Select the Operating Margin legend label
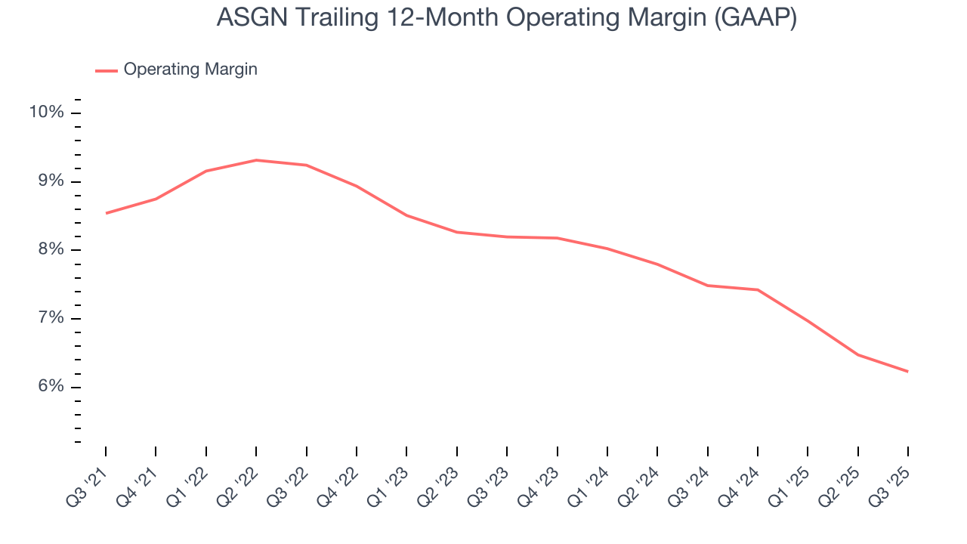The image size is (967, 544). click(190, 70)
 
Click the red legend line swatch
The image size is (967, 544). click(107, 70)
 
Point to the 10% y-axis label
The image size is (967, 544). click(46, 113)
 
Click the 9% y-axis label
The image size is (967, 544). click(50, 181)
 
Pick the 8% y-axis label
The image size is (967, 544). click(50, 250)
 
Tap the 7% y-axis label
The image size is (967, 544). click(50, 318)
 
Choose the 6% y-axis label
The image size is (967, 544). click(50, 387)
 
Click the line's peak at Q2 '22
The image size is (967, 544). click(256, 160)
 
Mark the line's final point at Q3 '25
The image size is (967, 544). click(907, 371)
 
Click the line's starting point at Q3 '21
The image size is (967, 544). click(106, 213)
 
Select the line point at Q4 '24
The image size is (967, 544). click(757, 289)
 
